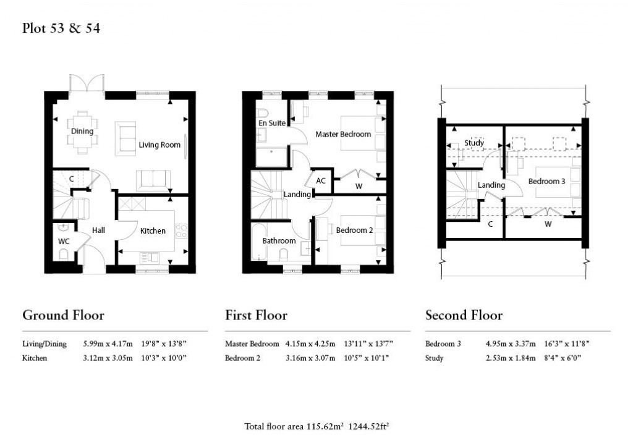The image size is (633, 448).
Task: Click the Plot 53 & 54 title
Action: coord(61,28)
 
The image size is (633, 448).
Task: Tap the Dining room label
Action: coord(82,131)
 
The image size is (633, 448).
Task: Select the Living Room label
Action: coord(159,145)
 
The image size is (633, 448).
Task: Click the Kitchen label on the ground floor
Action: coord(153,230)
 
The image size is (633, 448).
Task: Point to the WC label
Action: coord(64,241)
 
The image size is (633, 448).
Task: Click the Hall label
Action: coord(98,230)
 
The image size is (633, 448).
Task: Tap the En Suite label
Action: coord(272,123)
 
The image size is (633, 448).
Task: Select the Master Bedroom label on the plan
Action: coord(343,134)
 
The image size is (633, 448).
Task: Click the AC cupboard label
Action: coord(321,181)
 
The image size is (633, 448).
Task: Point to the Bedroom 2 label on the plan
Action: coord(354,230)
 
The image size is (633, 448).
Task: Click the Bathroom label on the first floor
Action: coord(279,240)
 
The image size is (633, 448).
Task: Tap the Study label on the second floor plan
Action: coord(474,143)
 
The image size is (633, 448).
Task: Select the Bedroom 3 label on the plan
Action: coord(546,181)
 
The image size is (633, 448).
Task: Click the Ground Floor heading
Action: coord(63,315)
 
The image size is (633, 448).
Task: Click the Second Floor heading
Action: coord(464,315)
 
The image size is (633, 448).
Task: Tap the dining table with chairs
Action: coord(82,130)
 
